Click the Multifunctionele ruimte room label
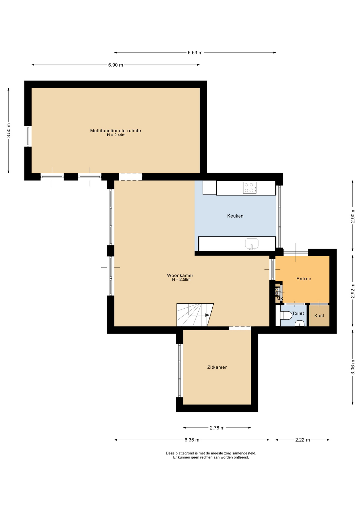[x=115, y=131]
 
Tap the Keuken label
[x=235, y=216]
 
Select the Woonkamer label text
[x=180, y=275]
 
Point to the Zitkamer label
[x=217, y=367]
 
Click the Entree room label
[x=304, y=279]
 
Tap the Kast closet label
[x=319, y=316]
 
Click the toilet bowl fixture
[x=286, y=316]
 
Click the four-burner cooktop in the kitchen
[x=250, y=188]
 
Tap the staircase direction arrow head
[x=208, y=315]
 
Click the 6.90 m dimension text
[x=116, y=65]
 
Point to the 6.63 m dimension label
[x=195, y=53]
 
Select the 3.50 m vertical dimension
[x=9, y=130]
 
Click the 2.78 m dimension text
[x=217, y=428]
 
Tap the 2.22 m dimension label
[x=303, y=440]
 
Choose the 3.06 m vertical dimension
[x=353, y=367]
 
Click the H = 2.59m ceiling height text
[x=181, y=279]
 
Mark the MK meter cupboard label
[x=280, y=299]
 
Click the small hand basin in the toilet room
[x=300, y=323]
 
